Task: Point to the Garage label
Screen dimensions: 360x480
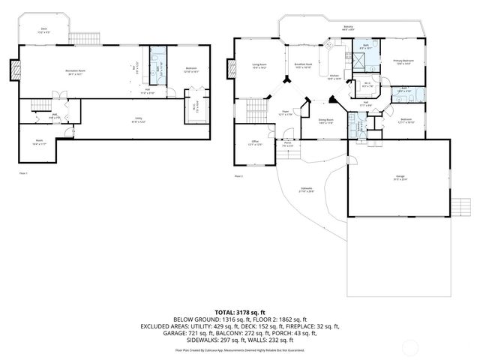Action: point(400,178)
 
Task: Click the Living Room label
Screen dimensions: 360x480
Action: point(260,67)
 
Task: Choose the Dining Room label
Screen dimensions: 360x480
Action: point(326,121)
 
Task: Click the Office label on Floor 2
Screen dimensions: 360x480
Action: point(255,142)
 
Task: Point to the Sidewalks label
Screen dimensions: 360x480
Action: point(307,190)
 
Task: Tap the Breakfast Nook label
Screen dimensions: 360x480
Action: point(303,65)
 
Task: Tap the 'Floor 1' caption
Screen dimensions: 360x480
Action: point(23,173)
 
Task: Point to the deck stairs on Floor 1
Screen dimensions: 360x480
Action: point(79,37)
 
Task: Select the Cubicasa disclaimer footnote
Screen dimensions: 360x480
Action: point(240,349)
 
